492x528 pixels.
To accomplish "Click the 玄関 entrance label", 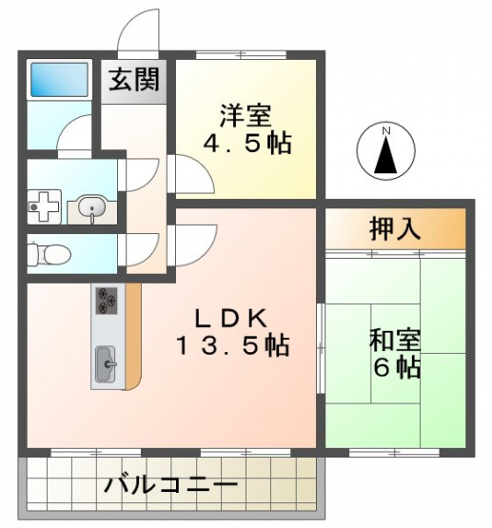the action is click(133, 80).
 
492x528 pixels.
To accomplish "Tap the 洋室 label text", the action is click(246, 115).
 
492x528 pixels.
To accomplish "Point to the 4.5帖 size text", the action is click(246, 144).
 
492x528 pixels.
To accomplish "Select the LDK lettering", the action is click(231, 319).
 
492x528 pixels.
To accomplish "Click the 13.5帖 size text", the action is click(232, 345).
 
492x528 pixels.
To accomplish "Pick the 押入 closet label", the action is click(395, 229).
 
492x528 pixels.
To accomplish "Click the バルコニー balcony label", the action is click(170, 485).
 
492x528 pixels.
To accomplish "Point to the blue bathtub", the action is click(59, 80).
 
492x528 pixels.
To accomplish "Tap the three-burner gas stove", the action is click(107, 301).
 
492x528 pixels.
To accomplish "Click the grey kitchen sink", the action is click(106, 364).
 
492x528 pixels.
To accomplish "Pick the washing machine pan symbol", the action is click(44, 206).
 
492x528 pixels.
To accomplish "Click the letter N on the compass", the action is click(386, 131).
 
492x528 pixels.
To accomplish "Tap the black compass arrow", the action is click(386, 155).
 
